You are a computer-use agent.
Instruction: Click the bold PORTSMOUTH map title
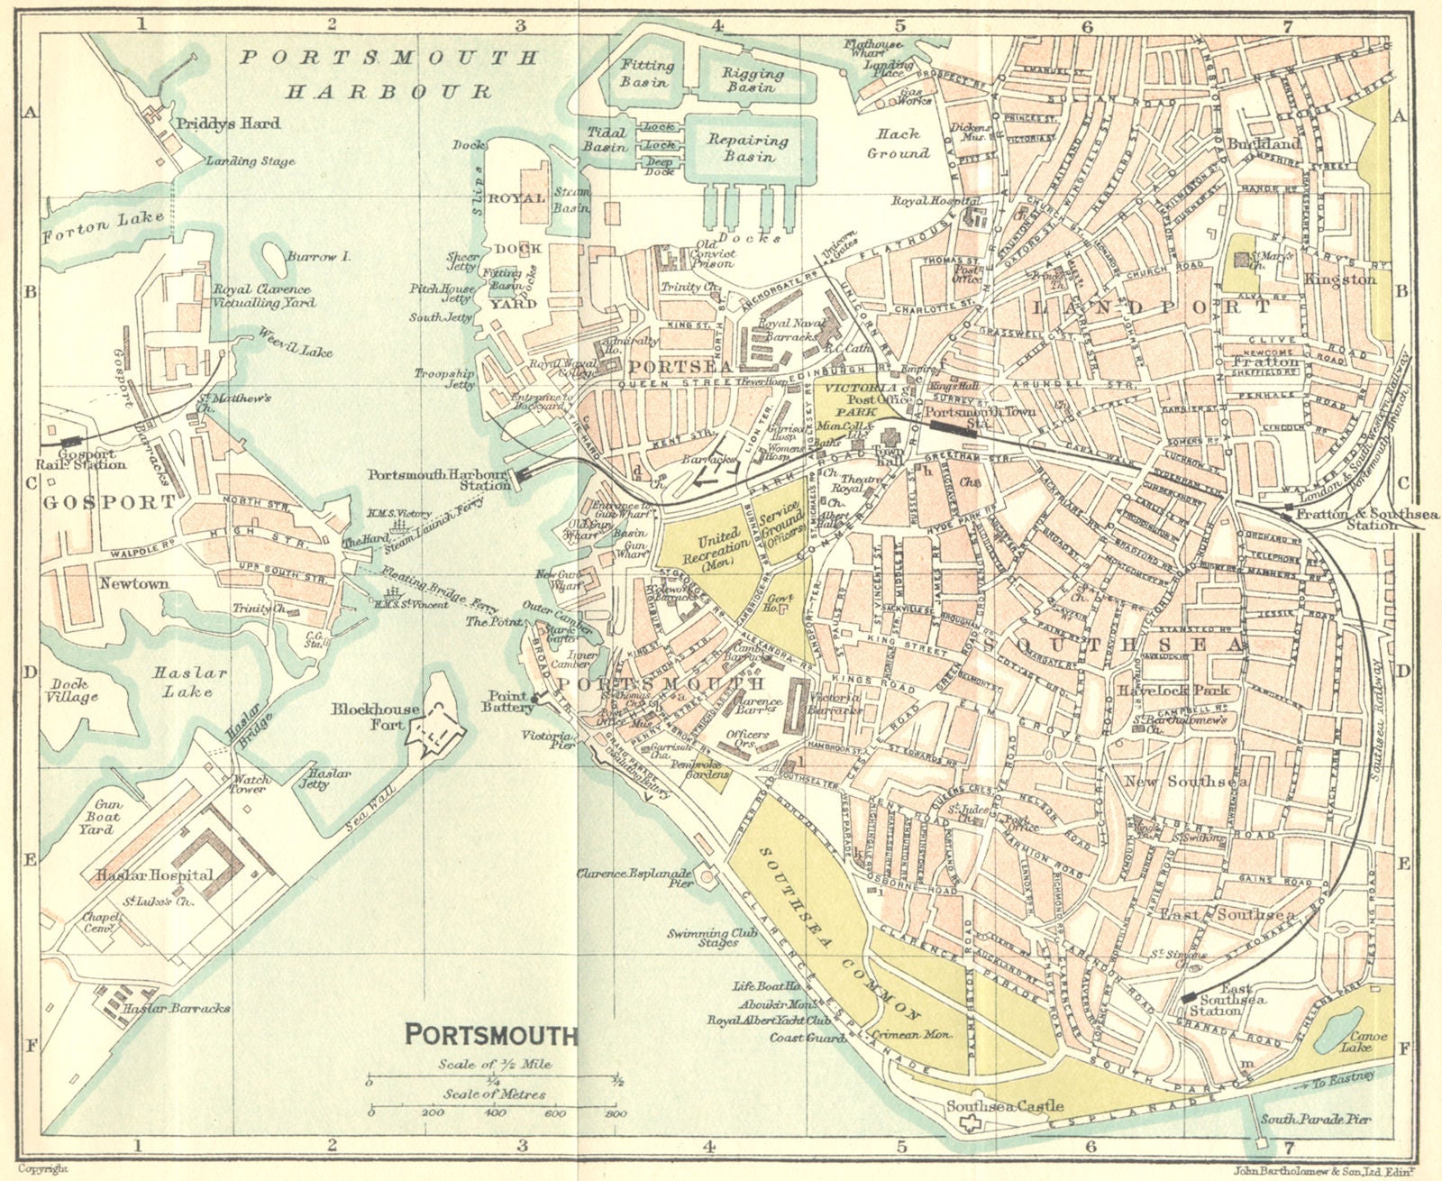tap(491, 1034)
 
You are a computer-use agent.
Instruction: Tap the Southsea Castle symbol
tap(970, 1123)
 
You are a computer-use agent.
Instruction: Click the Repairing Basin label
tap(747, 149)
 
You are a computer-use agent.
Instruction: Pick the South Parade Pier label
tap(1315, 1120)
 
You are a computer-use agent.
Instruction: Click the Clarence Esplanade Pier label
tap(634, 878)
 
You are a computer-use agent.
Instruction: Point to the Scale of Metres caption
tap(494, 1094)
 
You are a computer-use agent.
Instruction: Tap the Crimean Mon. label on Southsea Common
tap(911, 1035)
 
